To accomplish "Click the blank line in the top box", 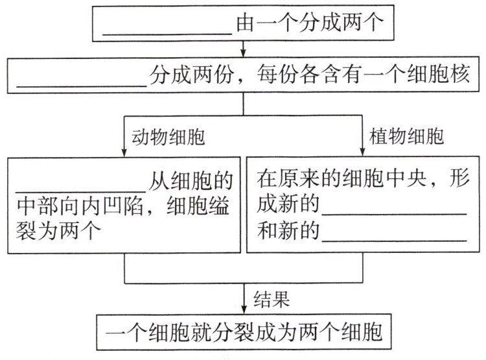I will click(x=168, y=34).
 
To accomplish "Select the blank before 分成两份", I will click(x=83, y=86).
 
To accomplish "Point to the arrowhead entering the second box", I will click(x=242, y=53).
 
